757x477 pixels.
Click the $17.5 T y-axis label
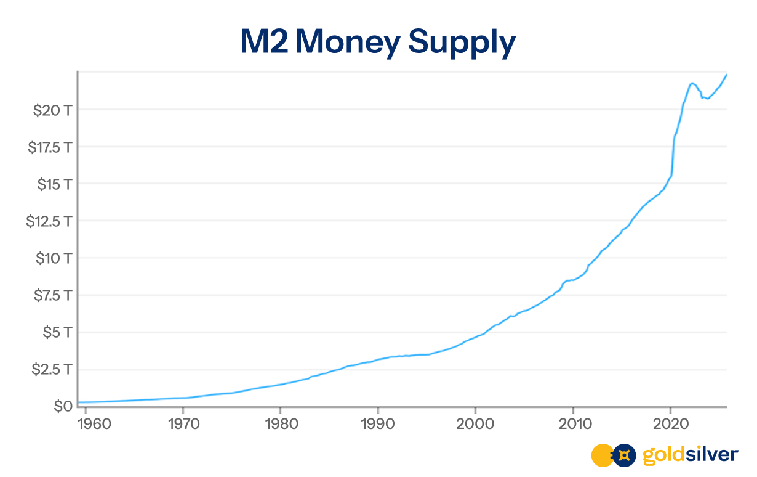(x=50, y=147)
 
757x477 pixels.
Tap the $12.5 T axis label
(x=50, y=221)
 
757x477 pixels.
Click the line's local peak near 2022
(x=692, y=83)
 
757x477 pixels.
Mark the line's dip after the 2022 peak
(x=708, y=99)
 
